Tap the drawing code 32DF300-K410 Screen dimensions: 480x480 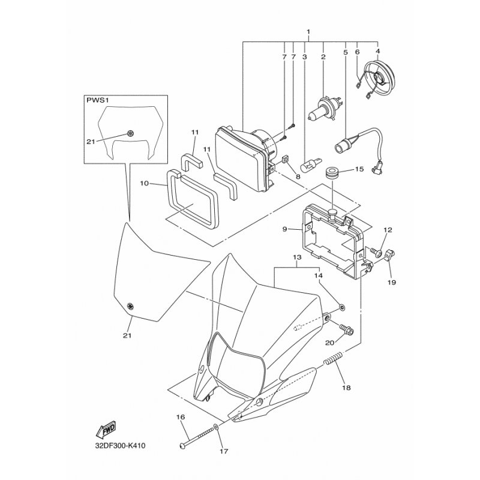point(120,445)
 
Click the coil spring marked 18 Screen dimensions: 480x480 point(333,358)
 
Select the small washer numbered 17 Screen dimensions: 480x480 point(216,427)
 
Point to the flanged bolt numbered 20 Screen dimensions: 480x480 point(347,329)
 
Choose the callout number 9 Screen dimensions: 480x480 point(284,229)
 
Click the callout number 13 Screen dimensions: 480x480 point(297,257)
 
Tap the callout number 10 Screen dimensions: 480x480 point(144,184)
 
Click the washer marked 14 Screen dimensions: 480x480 point(341,306)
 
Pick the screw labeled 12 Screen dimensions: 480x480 point(375,252)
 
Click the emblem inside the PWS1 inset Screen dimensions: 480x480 point(131,133)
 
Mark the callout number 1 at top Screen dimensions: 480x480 point(308,32)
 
